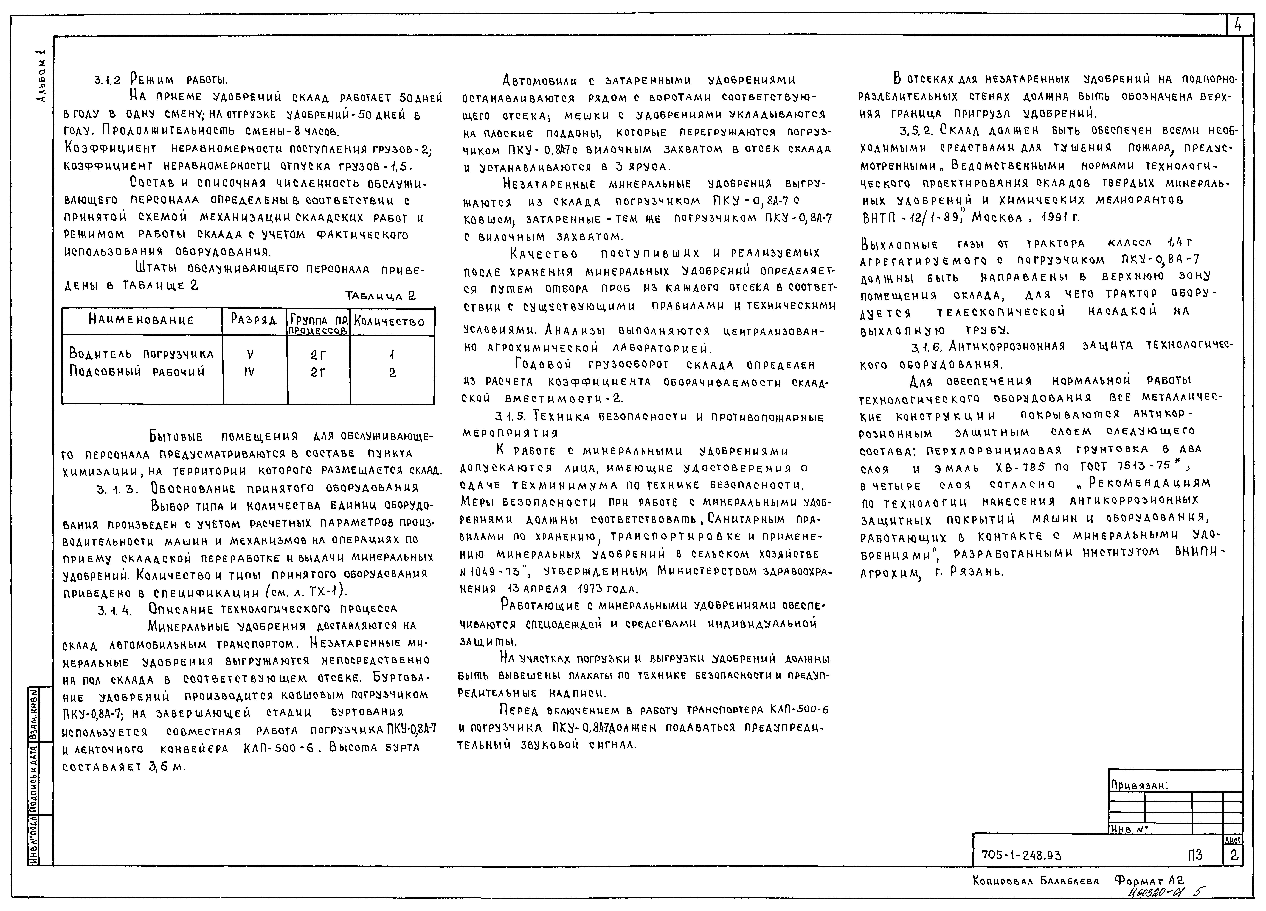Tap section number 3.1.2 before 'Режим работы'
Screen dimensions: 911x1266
pos(107,80)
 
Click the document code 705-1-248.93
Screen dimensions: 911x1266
pos(1022,855)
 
